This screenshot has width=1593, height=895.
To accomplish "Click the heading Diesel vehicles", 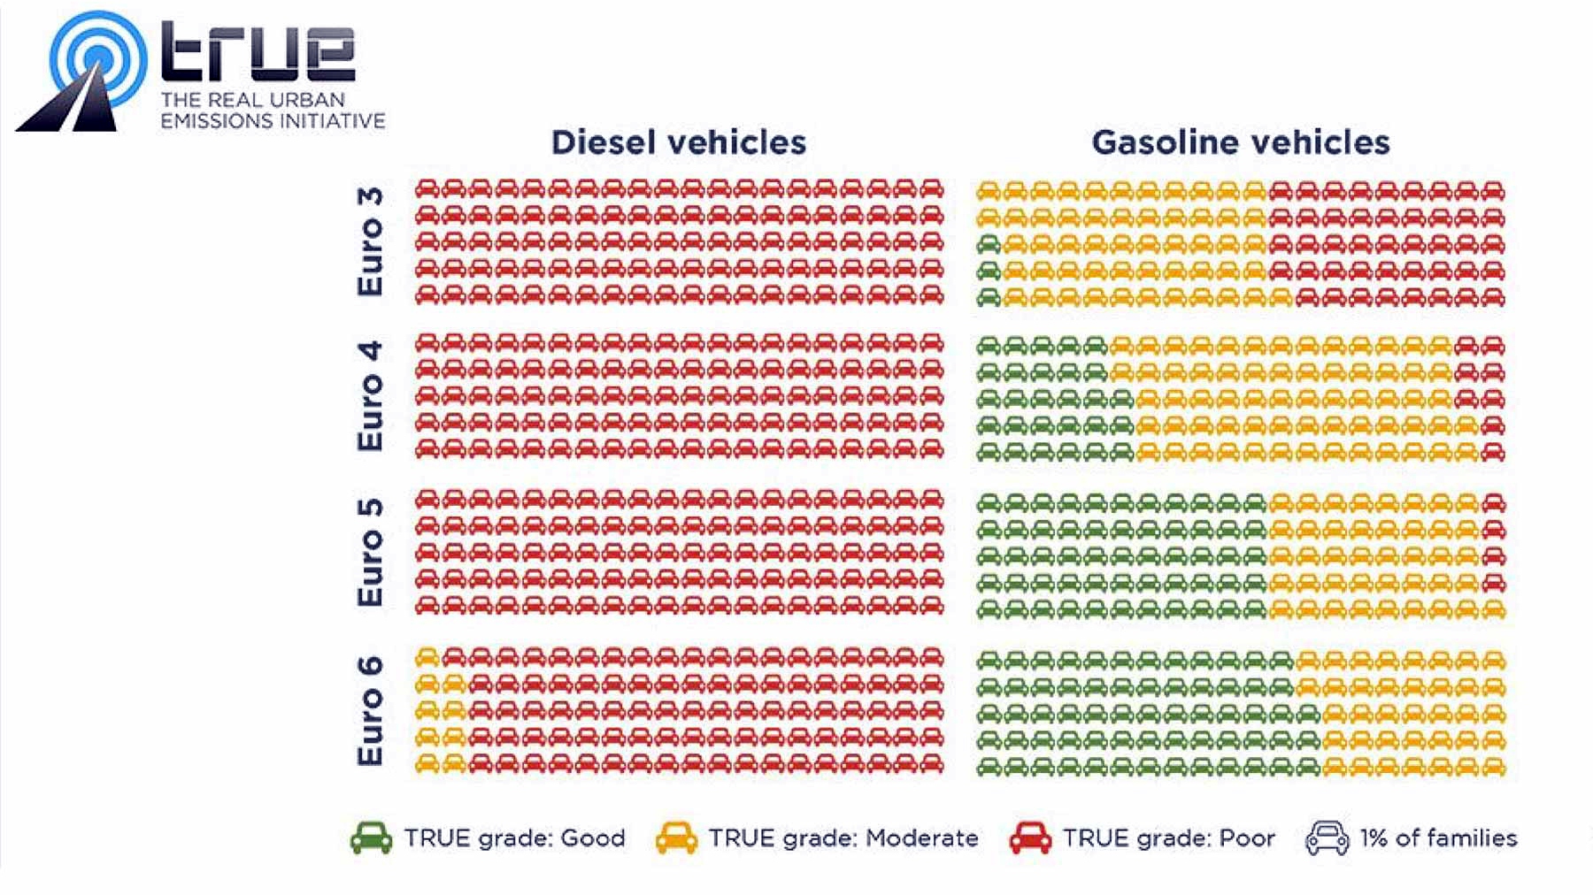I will tap(679, 142).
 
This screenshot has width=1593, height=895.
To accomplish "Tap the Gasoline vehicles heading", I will tap(1241, 142).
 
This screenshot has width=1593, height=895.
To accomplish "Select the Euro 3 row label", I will tap(371, 241).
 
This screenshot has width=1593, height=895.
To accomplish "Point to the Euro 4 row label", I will tap(371, 395).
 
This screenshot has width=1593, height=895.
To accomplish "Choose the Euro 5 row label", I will tap(371, 553).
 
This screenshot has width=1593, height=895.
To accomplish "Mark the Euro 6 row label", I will tap(371, 710).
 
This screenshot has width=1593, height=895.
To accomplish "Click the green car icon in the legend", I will tap(371, 838).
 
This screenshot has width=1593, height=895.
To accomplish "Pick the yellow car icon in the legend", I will tap(676, 838).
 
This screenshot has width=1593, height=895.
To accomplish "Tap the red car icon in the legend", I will tap(1030, 838).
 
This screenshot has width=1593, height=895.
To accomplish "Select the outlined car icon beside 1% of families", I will tap(1327, 838).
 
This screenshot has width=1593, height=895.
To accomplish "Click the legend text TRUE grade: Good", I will tap(514, 838).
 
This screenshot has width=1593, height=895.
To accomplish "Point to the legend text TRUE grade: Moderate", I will tap(843, 838).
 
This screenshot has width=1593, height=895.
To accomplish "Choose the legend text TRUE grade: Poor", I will tap(1168, 838).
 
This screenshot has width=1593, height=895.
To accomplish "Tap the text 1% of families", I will tap(1438, 838).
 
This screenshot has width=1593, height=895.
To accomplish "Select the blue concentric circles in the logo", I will tap(97, 58).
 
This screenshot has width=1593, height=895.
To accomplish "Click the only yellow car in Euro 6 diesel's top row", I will tap(427, 657).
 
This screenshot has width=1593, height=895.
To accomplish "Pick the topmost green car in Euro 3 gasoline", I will tap(989, 243).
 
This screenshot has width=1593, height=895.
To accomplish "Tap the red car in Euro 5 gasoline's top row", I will tap(1493, 503).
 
